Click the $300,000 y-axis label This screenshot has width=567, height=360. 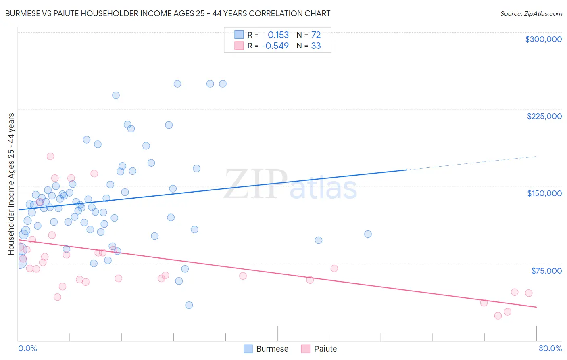[543, 39]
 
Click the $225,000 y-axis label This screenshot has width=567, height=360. [544, 116]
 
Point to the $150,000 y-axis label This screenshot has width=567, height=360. [544, 193]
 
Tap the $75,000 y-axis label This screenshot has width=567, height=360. [546, 271]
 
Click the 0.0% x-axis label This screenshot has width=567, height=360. [27, 348]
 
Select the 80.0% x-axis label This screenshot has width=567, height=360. [550, 348]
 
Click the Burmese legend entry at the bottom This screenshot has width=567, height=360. [266, 349]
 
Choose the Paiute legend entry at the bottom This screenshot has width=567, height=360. [319, 349]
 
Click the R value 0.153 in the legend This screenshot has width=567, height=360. [278, 35]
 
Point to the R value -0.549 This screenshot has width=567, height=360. [275, 46]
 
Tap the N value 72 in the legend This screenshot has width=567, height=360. [316, 35]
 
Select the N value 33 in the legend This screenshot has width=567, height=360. [316, 46]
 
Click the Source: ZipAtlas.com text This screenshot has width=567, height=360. [531, 13]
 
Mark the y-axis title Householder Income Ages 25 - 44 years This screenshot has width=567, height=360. [11, 184]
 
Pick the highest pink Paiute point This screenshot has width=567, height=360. [50, 156]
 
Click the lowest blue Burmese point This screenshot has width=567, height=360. [189, 305]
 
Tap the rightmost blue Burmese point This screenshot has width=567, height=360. [368, 234]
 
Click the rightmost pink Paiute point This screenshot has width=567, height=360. [529, 293]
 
